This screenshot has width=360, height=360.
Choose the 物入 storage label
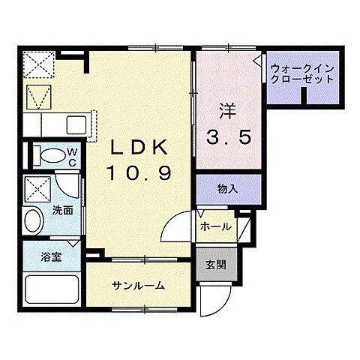[228, 188]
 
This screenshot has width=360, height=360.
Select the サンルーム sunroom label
[138, 286]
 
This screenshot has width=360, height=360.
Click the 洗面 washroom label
[62, 211]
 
